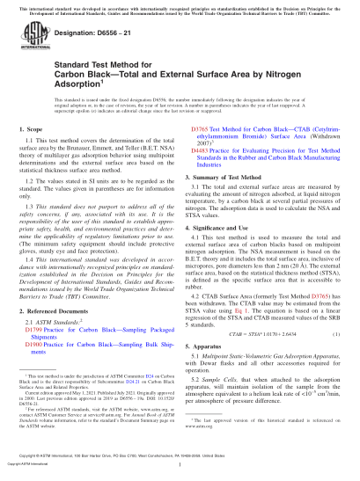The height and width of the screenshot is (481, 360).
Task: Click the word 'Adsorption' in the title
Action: [48, 108]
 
